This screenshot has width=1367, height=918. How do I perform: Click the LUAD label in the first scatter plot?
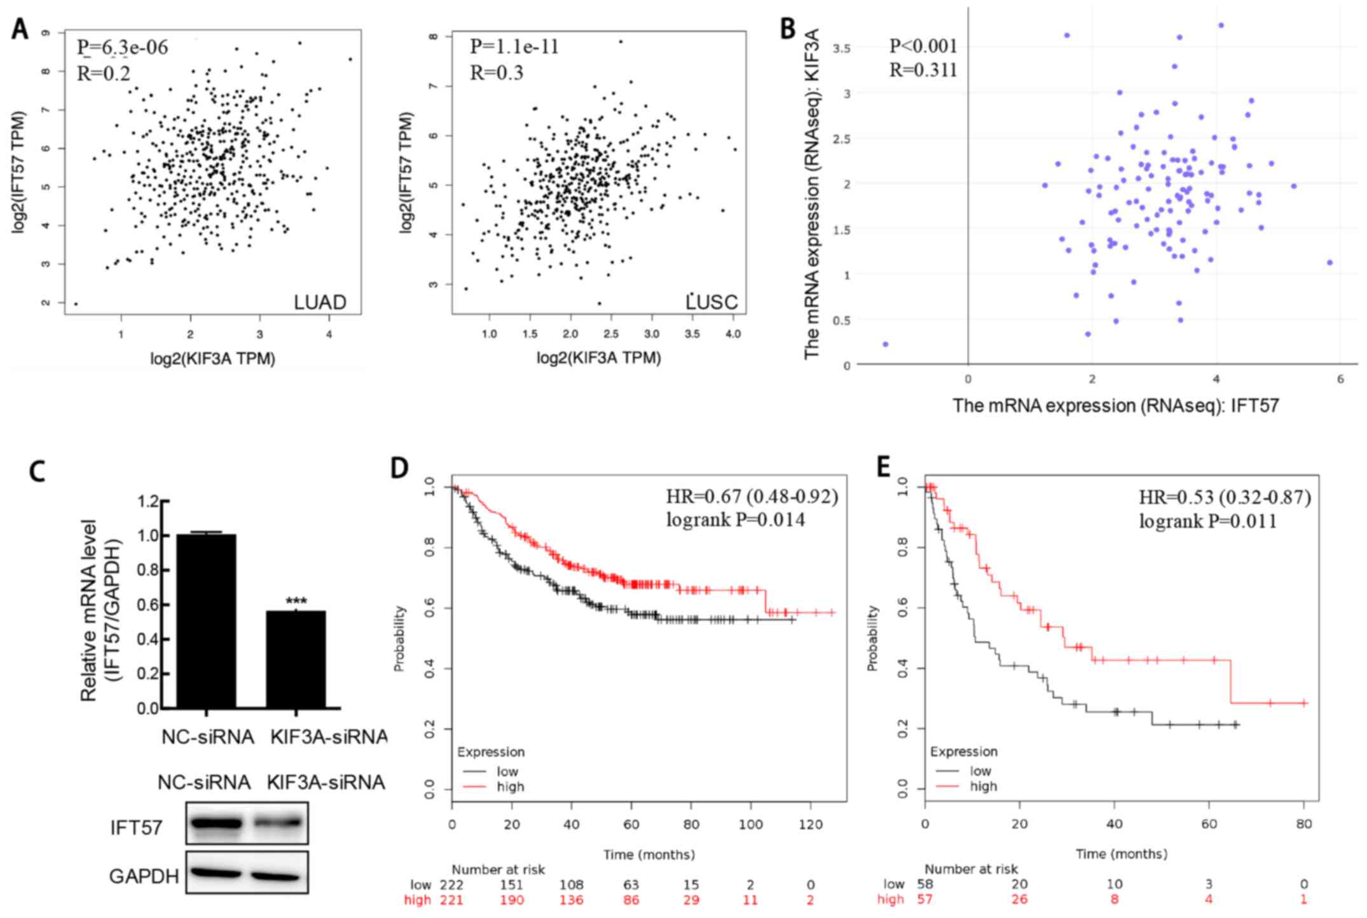point(320,302)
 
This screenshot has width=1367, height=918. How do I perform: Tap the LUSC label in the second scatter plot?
point(712,302)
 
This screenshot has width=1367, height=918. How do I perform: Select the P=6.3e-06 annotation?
point(123,48)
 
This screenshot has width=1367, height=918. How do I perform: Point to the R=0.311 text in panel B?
point(923,70)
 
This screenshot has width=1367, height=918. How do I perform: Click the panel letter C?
point(38,471)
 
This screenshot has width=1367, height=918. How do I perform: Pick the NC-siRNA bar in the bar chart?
point(207,621)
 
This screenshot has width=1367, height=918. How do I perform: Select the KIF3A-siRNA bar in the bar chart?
point(296,659)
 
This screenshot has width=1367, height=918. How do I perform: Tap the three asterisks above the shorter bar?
point(296,601)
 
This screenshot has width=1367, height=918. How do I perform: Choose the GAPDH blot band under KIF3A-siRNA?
point(276,876)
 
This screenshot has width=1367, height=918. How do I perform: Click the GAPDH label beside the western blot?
point(144,877)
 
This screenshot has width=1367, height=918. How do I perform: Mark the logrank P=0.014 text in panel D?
point(735,520)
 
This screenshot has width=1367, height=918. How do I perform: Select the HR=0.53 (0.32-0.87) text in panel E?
point(1225,497)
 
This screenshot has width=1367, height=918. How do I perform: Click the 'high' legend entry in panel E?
point(983,786)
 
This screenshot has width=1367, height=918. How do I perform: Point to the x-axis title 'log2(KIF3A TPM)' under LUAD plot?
point(212,359)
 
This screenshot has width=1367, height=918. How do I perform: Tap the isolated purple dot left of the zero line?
point(885,344)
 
